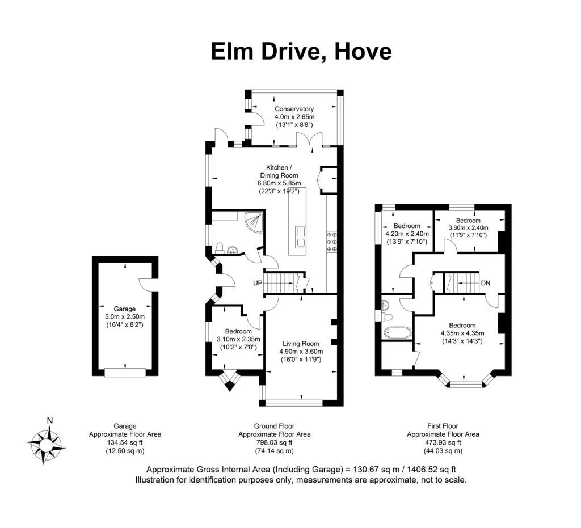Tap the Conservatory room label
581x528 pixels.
point(294,109)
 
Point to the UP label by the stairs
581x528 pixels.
point(258,283)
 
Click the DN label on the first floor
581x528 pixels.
point(486,283)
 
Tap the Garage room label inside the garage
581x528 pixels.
point(124,309)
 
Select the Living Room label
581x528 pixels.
point(301,344)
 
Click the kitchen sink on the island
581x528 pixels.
point(301,237)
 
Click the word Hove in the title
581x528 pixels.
point(363,51)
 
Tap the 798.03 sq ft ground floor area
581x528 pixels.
point(274,442)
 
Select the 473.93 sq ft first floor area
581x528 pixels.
point(443,442)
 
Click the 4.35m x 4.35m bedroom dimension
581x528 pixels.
point(462,333)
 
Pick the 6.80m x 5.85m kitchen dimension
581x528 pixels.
point(279,183)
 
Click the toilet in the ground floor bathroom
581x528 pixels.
point(220,248)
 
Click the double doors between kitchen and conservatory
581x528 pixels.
point(309,140)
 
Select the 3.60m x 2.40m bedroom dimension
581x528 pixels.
point(468,228)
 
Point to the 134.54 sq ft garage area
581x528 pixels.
point(125,442)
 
